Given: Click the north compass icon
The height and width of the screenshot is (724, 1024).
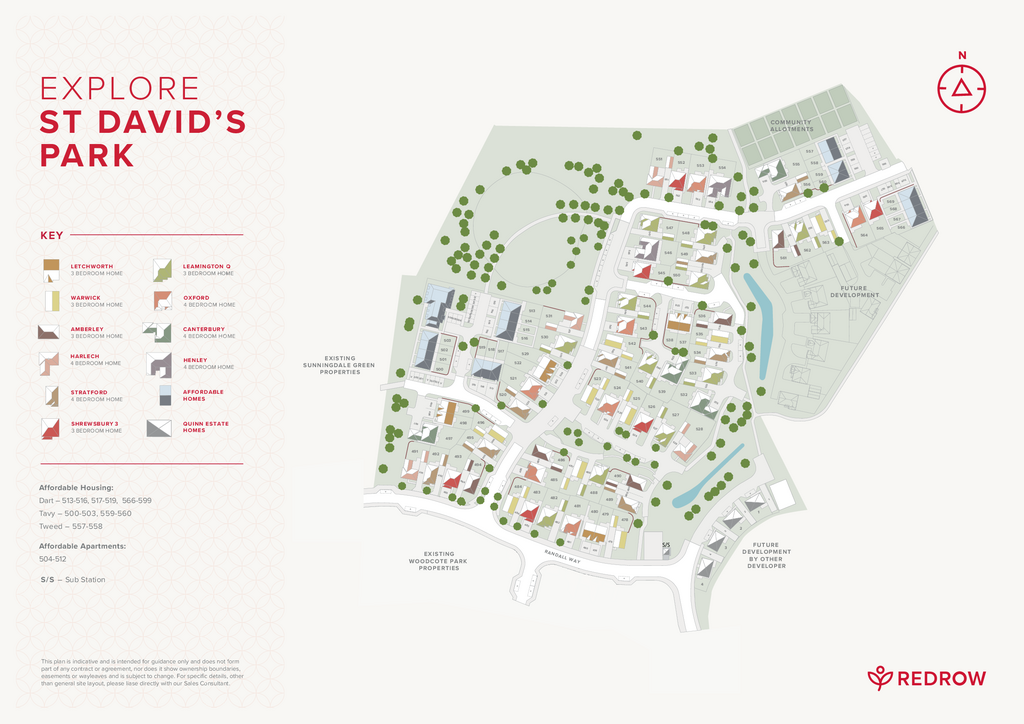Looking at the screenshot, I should click(961, 87).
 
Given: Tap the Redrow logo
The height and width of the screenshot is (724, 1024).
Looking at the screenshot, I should click(926, 678).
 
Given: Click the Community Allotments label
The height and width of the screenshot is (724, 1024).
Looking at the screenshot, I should click(791, 126).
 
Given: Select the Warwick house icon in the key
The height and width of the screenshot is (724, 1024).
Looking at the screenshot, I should click(52, 301).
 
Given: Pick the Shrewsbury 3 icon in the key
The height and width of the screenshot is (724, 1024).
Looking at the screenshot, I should click(52, 427).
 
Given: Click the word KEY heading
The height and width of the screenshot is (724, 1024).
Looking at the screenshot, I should click(51, 236).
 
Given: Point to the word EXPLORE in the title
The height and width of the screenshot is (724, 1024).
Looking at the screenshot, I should click(119, 89).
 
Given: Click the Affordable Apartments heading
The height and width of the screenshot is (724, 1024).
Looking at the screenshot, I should click(82, 546).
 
